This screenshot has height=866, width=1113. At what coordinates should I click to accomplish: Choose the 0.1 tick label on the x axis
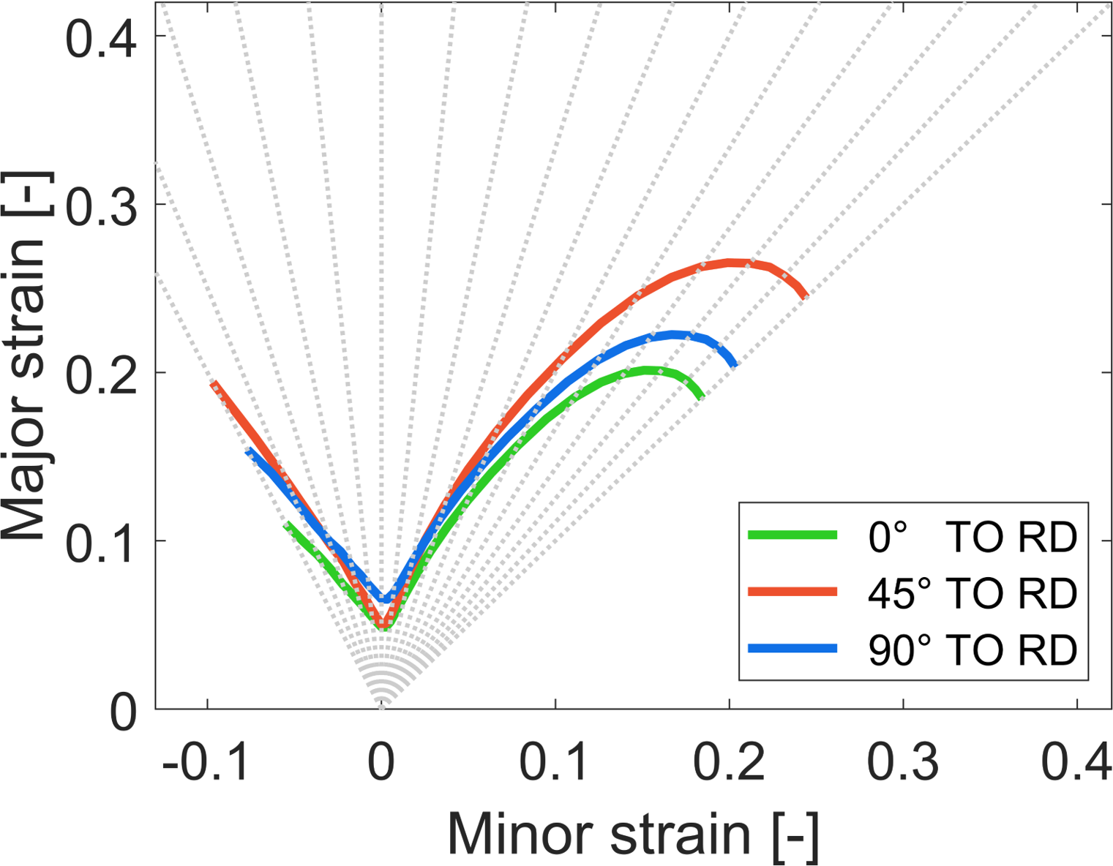[555, 763]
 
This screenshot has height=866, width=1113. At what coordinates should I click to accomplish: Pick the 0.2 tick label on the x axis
[729, 763]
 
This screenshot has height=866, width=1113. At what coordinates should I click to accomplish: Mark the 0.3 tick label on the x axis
[903, 763]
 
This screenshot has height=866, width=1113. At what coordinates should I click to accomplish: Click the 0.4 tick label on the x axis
[1076, 763]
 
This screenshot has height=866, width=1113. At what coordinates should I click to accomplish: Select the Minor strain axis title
[633, 833]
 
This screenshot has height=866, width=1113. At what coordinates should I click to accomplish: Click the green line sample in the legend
[792, 535]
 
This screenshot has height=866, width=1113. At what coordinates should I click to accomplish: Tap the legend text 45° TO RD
[972, 592]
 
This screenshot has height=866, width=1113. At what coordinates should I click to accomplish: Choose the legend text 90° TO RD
[972, 649]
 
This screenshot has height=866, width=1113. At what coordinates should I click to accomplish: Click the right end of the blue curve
[735, 364]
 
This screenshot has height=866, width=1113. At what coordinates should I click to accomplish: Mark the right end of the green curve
[702, 396]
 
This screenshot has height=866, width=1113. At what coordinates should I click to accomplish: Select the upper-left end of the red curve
[213, 383]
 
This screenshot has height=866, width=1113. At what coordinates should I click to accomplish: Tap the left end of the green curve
[287, 524]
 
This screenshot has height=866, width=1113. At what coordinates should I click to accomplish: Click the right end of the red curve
[805, 295]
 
